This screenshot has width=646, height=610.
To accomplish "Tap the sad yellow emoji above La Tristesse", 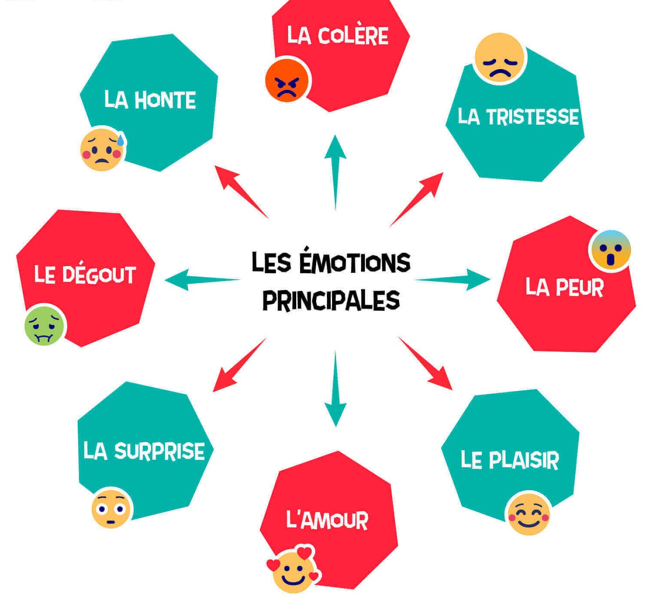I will pyautogui.click(x=499, y=58).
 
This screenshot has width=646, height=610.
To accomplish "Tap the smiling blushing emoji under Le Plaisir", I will pyautogui.click(x=528, y=513).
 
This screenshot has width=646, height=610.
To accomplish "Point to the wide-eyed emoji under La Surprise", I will pyautogui.click(x=111, y=509).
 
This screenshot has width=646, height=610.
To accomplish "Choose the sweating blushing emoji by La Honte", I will pyautogui.click(x=102, y=149).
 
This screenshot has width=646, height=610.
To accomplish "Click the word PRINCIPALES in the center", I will pyautogui.click(x=331, y=300).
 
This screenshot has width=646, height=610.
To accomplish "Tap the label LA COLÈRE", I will pyautogui.click(x=337, y=35).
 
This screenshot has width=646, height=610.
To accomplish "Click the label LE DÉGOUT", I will pyautogui.click(x=85, y=275).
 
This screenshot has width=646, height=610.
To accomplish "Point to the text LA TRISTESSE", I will pyautogui.click(x=518, y=117).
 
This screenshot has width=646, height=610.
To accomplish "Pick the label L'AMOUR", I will pyautogui.click(x=327, y=520).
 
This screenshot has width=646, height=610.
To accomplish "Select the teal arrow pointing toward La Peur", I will pyautogui.click(x=453, y=279).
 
